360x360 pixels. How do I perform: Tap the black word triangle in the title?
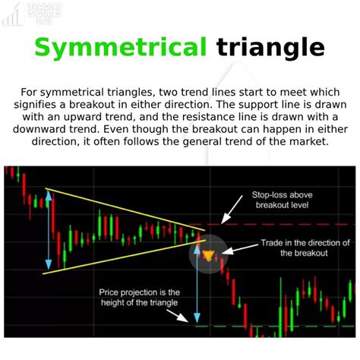270,48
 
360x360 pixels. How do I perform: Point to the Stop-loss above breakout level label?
283,200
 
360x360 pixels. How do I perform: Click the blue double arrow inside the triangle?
50,228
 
